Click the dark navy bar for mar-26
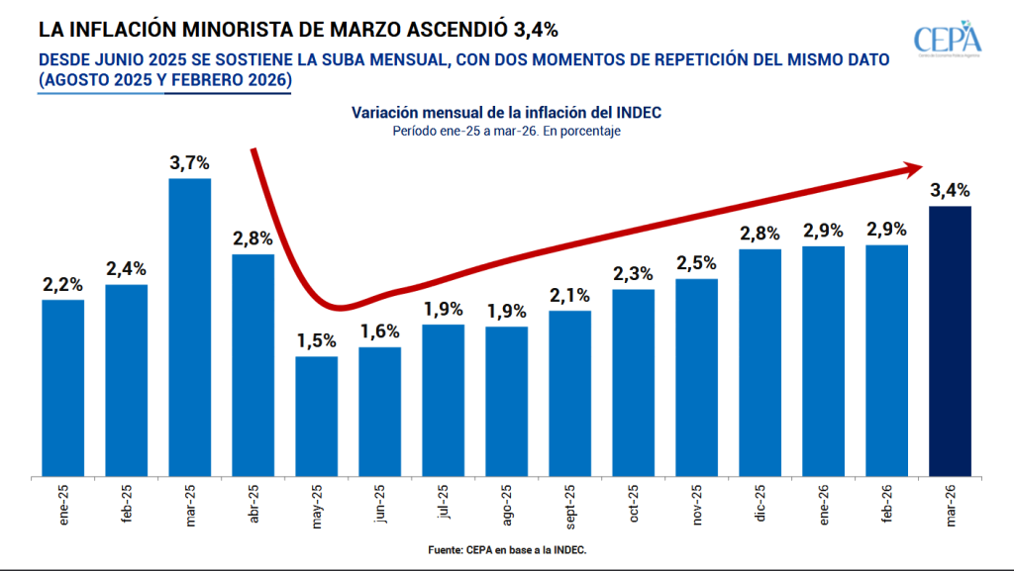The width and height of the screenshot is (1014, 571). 950,341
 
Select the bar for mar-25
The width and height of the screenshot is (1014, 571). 189,328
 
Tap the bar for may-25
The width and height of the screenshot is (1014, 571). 317,417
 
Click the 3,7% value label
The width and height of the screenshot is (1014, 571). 189,163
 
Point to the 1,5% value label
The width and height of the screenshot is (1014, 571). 317,341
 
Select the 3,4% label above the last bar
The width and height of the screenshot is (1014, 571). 950,190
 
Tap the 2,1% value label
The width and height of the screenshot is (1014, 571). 569,295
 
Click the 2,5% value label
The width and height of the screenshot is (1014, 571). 697,263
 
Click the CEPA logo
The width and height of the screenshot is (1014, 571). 948,41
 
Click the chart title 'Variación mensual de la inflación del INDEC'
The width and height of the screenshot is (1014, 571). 506,113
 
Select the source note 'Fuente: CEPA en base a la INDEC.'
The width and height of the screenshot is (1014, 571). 505,547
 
